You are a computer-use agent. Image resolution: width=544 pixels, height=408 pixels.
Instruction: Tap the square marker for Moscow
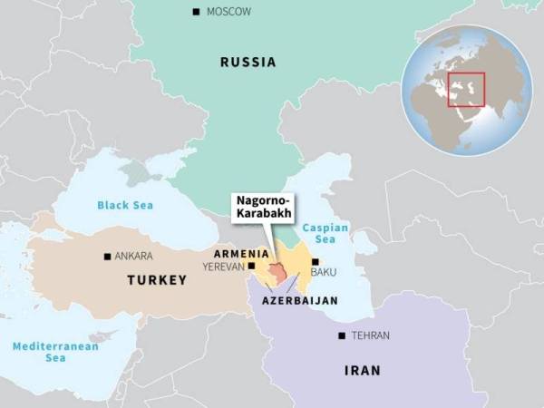click(196, 12)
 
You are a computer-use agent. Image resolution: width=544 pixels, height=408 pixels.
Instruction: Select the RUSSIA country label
click(248, 63)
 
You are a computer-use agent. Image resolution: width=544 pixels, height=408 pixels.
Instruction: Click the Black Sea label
click(126, 206)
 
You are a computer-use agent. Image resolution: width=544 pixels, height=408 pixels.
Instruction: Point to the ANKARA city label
click(134, 257)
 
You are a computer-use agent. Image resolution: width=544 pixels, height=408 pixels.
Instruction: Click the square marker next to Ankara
click(108, 257)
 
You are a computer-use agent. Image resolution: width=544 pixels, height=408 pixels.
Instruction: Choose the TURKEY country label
click(156, 280)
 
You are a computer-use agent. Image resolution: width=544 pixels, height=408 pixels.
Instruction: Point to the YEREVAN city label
click(223, 267)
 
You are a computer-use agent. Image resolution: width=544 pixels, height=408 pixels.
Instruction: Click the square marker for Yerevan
click(251, 267)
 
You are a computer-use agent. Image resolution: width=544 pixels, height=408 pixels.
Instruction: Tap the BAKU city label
click(324, 271)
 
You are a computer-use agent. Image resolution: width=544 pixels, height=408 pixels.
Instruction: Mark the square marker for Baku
click(315, 262)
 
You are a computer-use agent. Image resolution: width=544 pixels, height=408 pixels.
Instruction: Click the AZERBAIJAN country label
click(299, 299)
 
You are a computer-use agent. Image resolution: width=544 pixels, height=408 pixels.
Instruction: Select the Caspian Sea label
click(325, 234)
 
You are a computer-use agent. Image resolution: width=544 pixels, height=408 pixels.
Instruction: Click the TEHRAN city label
click(371, 335)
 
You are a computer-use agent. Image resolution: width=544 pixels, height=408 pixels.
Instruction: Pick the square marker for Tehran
click(342, 335)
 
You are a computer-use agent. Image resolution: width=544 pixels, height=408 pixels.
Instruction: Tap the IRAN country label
click(363, 370)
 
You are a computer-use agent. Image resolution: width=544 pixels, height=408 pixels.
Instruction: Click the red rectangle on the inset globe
click(466, 89)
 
